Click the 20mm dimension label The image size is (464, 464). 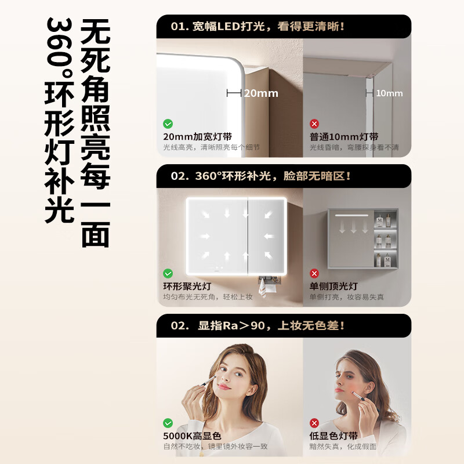tap(260, 93)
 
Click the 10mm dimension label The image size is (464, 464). tap(389, 93)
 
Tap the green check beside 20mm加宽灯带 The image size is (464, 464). tap(168, 124)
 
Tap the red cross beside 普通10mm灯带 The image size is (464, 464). tap(314, 124)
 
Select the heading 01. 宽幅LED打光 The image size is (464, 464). tap(258, 26)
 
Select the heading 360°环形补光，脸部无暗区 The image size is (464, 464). tap(260, 176)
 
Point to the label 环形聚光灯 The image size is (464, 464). tap(187, 287)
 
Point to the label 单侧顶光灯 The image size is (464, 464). tap(333, 287)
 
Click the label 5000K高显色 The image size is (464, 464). tap(192, 436)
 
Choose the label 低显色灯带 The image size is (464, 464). tap(333, 436)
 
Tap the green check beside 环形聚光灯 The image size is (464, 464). tap(168, 273)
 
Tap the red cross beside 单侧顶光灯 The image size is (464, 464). tap(314, 273)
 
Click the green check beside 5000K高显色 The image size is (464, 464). tap(168, 423)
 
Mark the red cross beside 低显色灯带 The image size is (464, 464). tap(314, 423)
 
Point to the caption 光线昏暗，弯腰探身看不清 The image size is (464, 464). tap(354, 148)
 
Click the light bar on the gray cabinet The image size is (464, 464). tap(351, 215)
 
